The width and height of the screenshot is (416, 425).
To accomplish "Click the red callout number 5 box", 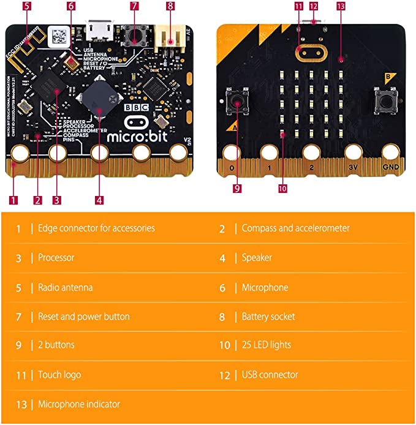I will coord(27,7).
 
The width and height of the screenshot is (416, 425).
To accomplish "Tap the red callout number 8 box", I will coord(170,7).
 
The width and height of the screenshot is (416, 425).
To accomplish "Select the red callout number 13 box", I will coord(341,6).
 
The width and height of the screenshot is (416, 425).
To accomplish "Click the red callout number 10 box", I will coord(282,189).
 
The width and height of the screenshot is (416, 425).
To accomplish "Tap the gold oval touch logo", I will coord(311,52).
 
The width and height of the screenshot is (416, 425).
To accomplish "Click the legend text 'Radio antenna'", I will coord(65,287).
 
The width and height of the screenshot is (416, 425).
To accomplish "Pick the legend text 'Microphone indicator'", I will coord(78,404).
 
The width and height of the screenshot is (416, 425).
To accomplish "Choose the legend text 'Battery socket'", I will coord(268,317).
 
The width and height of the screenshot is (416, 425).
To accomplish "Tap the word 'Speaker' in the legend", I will coord(257,258).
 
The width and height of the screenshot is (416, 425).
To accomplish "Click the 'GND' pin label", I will coord(390,166).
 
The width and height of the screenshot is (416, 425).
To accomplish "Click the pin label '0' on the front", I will coord(231,166).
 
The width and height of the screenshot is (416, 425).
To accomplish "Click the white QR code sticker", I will coord(59,34).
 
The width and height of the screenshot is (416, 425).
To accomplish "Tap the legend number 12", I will coord(224,375).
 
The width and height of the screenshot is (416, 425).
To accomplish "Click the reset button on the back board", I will coord(134,37).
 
